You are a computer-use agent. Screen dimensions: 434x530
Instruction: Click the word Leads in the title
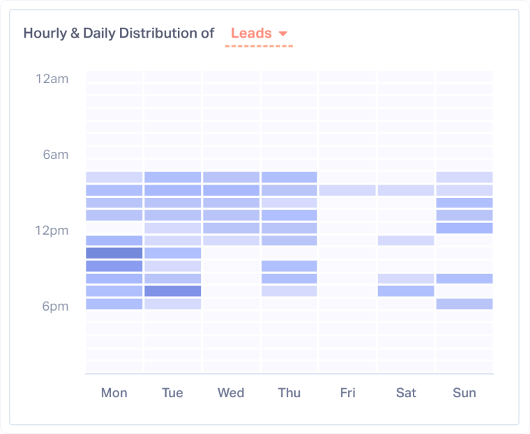[251, 33]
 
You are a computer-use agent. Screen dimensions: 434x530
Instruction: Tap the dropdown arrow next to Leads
[283, 34]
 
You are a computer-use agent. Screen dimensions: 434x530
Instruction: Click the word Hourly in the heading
[45, 33]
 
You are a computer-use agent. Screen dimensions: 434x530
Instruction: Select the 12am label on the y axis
[52, 79]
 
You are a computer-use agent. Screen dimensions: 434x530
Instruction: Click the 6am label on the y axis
[55, 155]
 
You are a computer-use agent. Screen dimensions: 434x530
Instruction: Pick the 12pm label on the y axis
[52, 231]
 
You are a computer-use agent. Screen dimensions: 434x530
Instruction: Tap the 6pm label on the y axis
[55, 307]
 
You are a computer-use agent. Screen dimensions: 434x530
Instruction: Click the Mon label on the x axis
[114, 393]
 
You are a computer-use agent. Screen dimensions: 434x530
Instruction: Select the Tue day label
[172, 393]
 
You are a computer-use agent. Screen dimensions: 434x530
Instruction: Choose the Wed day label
[231, 393]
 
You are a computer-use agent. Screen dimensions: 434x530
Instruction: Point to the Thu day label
[289, 393]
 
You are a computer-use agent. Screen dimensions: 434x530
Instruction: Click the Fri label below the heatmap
[347, 393]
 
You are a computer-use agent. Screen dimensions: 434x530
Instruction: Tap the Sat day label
[406, 393]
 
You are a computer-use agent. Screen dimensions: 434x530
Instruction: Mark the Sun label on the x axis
[464, 393]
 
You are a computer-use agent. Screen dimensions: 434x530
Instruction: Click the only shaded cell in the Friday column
[347, 190]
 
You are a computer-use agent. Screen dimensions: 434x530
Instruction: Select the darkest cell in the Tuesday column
[172, 291]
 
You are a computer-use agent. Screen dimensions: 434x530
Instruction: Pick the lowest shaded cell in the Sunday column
[464, 304]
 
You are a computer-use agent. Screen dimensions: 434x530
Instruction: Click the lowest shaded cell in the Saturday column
[406, 291]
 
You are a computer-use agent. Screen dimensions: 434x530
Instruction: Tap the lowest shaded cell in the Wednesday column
[231, 240]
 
